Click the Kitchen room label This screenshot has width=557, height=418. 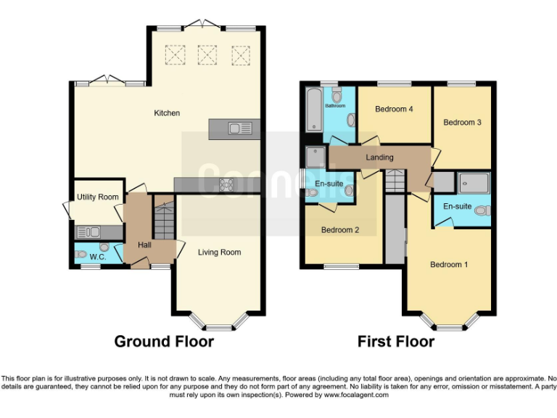pos(167,113)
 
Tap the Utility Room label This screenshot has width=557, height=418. pos(98,197)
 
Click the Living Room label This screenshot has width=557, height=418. pos(219,253)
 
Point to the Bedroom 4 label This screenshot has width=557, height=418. pos(394,110)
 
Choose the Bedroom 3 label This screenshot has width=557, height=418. pos(462,123)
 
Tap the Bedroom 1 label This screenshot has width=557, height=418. pos(449,265)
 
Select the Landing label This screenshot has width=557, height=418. pos(379,157)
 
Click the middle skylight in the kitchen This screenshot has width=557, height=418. pos(207,55)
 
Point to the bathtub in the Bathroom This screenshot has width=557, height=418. pos(313,110)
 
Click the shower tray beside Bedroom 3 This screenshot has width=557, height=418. pos(474,183)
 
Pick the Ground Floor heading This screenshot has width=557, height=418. pos(164,341)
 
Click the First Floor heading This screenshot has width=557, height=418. pos(396,341)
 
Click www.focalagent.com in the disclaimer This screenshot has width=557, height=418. pos(355,396)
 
